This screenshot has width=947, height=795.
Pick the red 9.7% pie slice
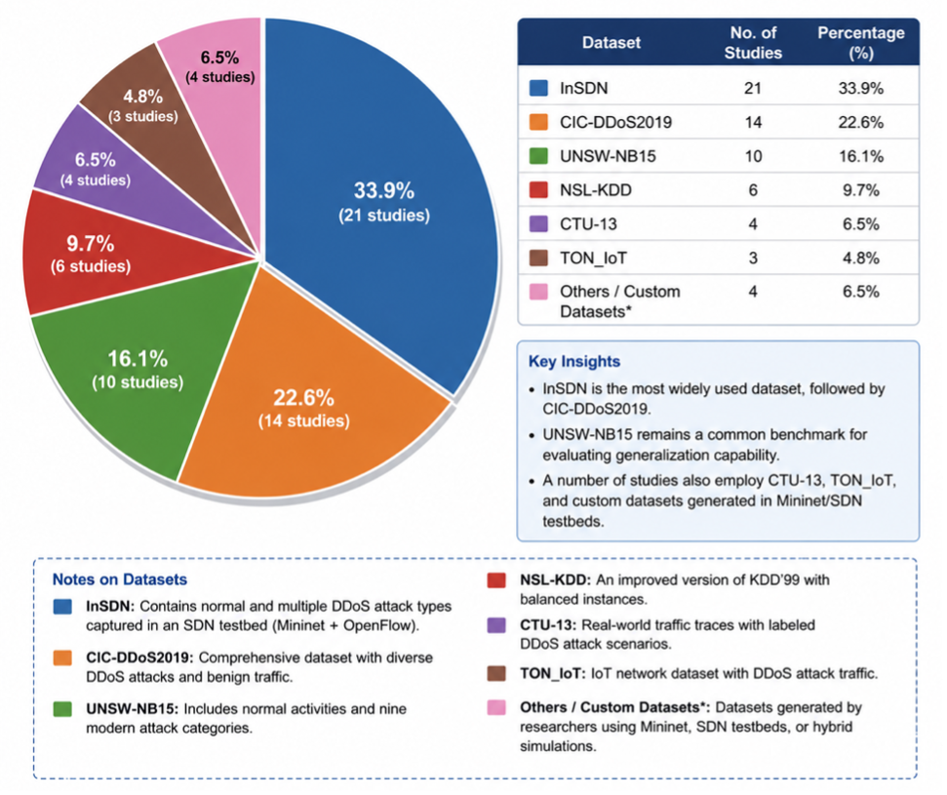91,254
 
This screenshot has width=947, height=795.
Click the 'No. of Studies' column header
753,42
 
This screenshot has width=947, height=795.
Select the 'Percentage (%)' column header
860,42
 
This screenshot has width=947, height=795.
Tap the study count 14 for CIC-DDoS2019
753,122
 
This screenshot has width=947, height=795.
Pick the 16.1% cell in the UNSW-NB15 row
860,156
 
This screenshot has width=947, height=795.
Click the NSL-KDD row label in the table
596,190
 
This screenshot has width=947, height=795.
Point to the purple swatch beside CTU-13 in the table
538,224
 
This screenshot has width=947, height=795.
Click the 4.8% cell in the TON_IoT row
860,258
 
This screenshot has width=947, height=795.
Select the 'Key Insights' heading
573,361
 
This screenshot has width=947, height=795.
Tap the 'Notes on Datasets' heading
120,579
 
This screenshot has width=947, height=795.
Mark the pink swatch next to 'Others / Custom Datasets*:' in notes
496,707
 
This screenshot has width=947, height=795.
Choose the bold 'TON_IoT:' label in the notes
553,674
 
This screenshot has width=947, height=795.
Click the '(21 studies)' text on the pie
384,216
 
